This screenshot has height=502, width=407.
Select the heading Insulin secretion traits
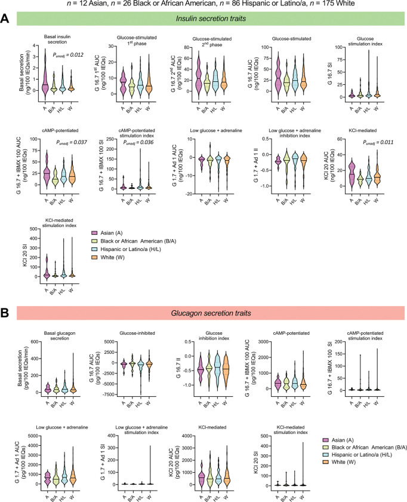tap(212, 20)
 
